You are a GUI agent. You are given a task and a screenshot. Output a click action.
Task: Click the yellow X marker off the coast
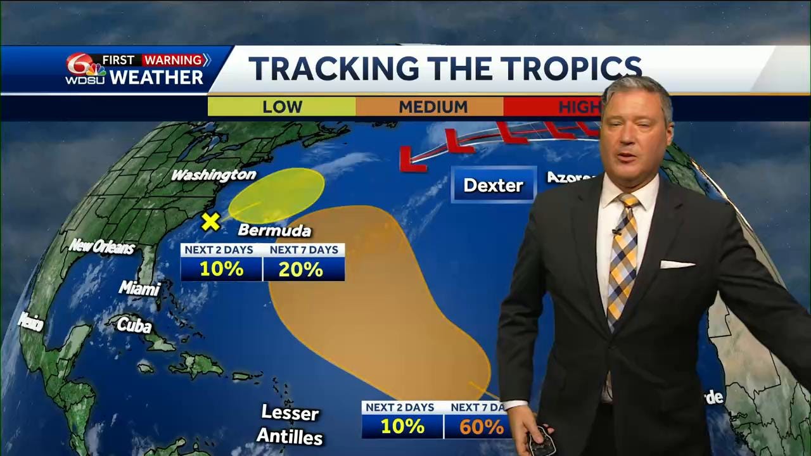click(x=211, y=222)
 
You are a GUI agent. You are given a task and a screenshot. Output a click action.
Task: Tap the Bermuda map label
click(x=274, y=230)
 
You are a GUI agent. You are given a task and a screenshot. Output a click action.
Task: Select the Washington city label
click(x=214, y=175)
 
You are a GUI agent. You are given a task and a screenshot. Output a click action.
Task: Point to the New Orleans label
click(x=102, y=246)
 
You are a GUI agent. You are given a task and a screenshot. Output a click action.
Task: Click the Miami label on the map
click(x=139, y=289)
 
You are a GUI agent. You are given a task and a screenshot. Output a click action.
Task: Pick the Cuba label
click(x=134, y=326)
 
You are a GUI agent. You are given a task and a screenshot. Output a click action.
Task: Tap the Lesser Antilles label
click(x=290, y=424)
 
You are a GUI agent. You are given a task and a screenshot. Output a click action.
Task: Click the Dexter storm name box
click(x=494, y=185)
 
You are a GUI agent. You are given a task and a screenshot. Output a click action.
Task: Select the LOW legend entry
click(x=282, y=107)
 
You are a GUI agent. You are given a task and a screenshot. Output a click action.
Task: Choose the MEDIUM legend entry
click(x=433, y=107)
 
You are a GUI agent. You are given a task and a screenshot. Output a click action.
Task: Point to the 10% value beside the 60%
click(x=402, y=427)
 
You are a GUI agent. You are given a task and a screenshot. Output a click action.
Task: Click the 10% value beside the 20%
click(x=221, y=269)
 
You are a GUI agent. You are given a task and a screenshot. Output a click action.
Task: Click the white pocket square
click(x=677, y=264)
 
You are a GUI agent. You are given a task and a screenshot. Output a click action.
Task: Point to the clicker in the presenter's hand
click(x=541, y=440)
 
